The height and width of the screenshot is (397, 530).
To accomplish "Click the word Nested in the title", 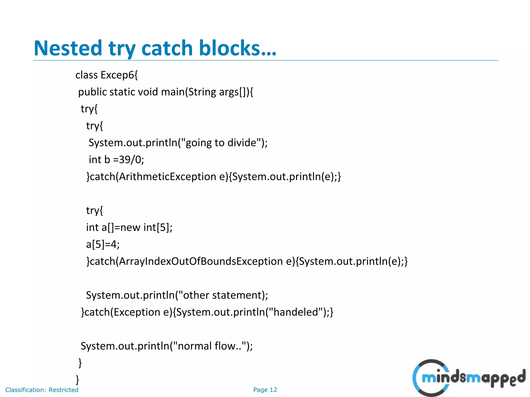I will coord(68,48).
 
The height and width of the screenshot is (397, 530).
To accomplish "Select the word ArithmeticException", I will coord(167,177).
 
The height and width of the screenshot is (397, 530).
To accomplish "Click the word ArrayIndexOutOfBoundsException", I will coord(201,261).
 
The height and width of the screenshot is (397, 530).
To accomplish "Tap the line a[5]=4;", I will coord(103,245).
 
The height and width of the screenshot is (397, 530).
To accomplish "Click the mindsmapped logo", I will coord(468,378).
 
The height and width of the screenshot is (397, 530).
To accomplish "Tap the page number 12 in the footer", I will coord(273,390).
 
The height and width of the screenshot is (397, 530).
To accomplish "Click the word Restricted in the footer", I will coord(63,390).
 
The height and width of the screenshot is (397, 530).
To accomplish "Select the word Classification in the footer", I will coord(25,390).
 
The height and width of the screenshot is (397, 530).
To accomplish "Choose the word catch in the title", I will coord(167,48).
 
